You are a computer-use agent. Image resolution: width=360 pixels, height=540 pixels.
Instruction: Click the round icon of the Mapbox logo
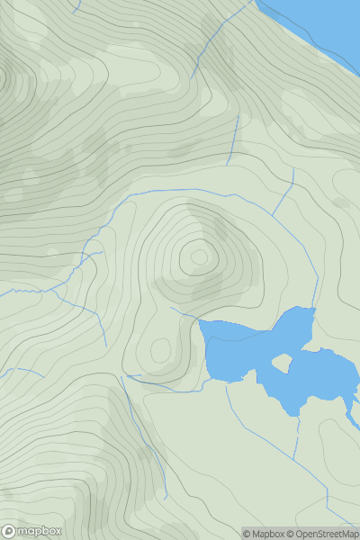(9, 531)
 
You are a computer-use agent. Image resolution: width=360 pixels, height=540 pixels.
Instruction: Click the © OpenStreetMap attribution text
(325, 534)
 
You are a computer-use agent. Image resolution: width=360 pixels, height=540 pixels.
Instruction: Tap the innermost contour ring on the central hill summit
(199, 257)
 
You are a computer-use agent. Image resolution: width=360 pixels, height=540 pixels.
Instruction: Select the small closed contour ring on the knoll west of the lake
(160, 349)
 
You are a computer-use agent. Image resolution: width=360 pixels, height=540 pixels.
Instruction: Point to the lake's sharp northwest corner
(200, 320)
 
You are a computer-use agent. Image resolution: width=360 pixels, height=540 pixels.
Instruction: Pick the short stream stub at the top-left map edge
(76, 6)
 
